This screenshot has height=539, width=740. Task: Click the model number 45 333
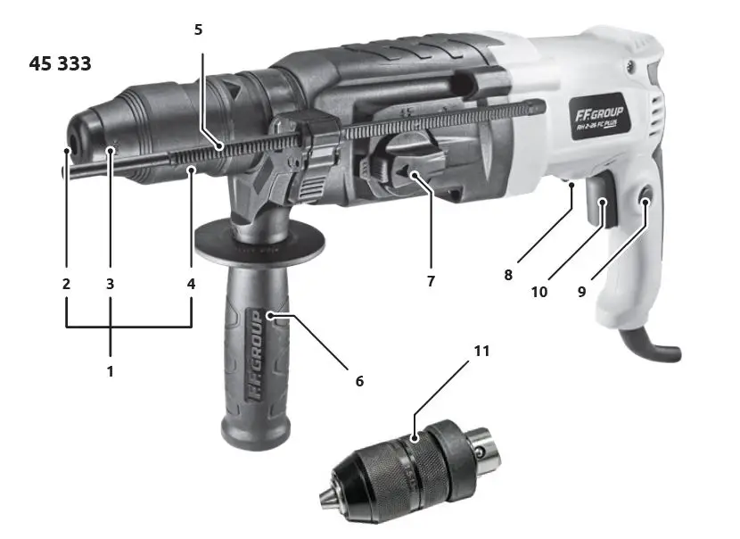click(61, 64)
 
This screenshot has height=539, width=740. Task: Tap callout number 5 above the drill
click(198, 29)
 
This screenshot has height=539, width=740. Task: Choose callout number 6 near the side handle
click(359, 381)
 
